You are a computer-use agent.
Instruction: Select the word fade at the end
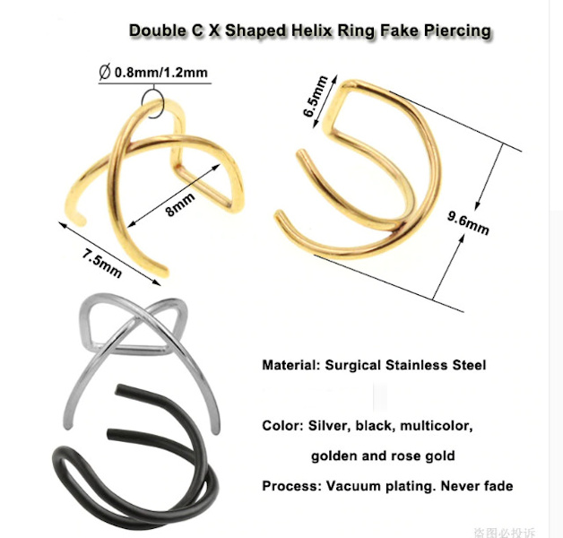point(495,486)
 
